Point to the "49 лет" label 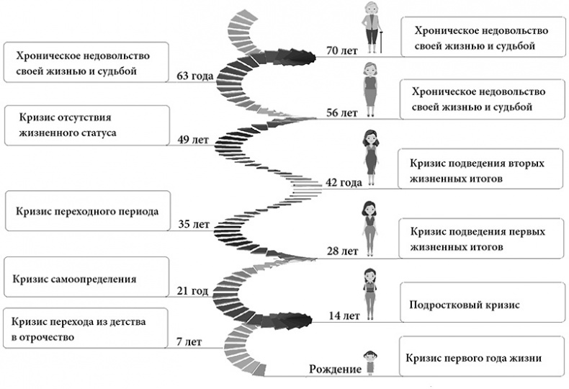[x=194, y=140]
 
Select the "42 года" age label [x=343, y=182]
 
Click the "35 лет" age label [x=194, y=224]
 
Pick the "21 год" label [x=192, y=291]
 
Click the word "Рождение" [x=334, y=370]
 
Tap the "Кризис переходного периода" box [x=86, y=210]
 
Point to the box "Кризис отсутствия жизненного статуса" [x=86, y=125]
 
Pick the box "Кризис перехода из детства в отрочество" [x=86, y=328]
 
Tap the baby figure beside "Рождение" [x=369, y=362]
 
